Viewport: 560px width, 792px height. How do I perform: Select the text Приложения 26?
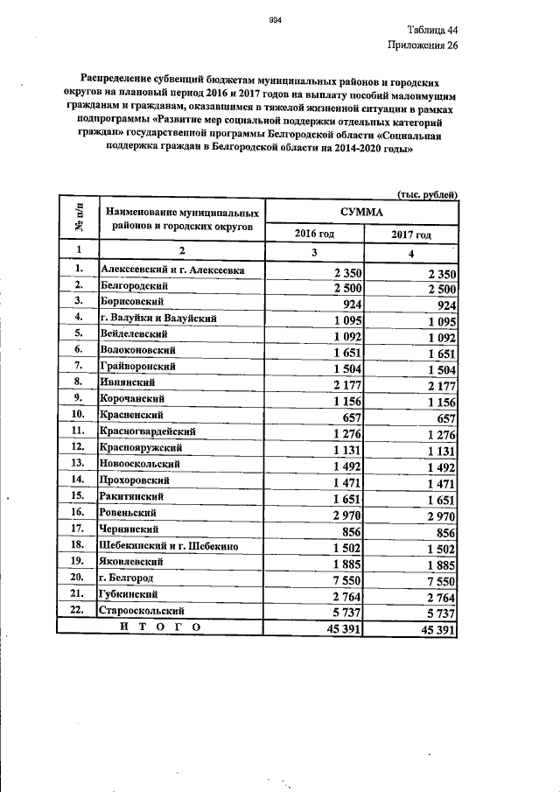pos(423,46)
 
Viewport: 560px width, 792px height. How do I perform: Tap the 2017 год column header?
pos(410,235)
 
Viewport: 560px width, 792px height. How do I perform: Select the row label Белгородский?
pos(136,286)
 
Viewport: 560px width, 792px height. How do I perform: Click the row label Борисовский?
pos(134,302)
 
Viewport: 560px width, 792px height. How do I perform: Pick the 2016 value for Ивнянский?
pos(342,382)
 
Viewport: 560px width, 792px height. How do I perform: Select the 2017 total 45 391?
pos(434,627)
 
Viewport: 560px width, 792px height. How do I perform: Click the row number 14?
pos(78,480)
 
